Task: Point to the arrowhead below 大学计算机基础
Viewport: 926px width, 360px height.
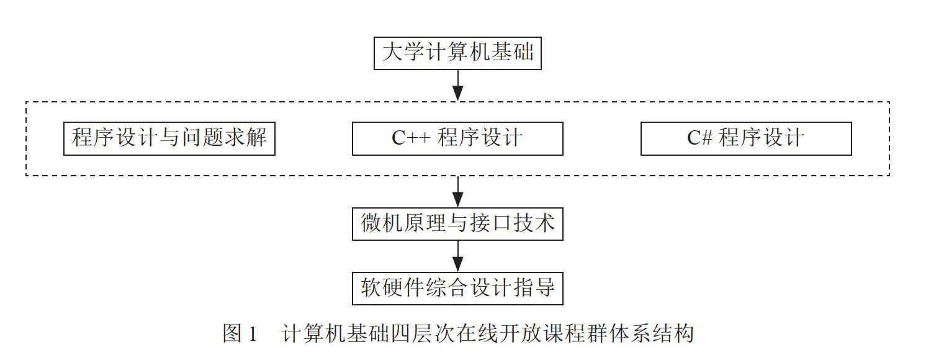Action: [x=457, y=93]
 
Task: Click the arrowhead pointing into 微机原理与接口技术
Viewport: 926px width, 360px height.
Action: [x=457, y=200]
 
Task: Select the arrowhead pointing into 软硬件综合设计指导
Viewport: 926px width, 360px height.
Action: [x=457, y=264]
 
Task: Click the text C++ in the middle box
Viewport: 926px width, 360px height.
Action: [x=411, y=138]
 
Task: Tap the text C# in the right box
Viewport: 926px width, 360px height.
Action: [x=700, y=138]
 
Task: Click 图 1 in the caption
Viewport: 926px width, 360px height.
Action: [x=240, y=333]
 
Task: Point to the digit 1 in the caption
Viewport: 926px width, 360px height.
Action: [x=253, y=334]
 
